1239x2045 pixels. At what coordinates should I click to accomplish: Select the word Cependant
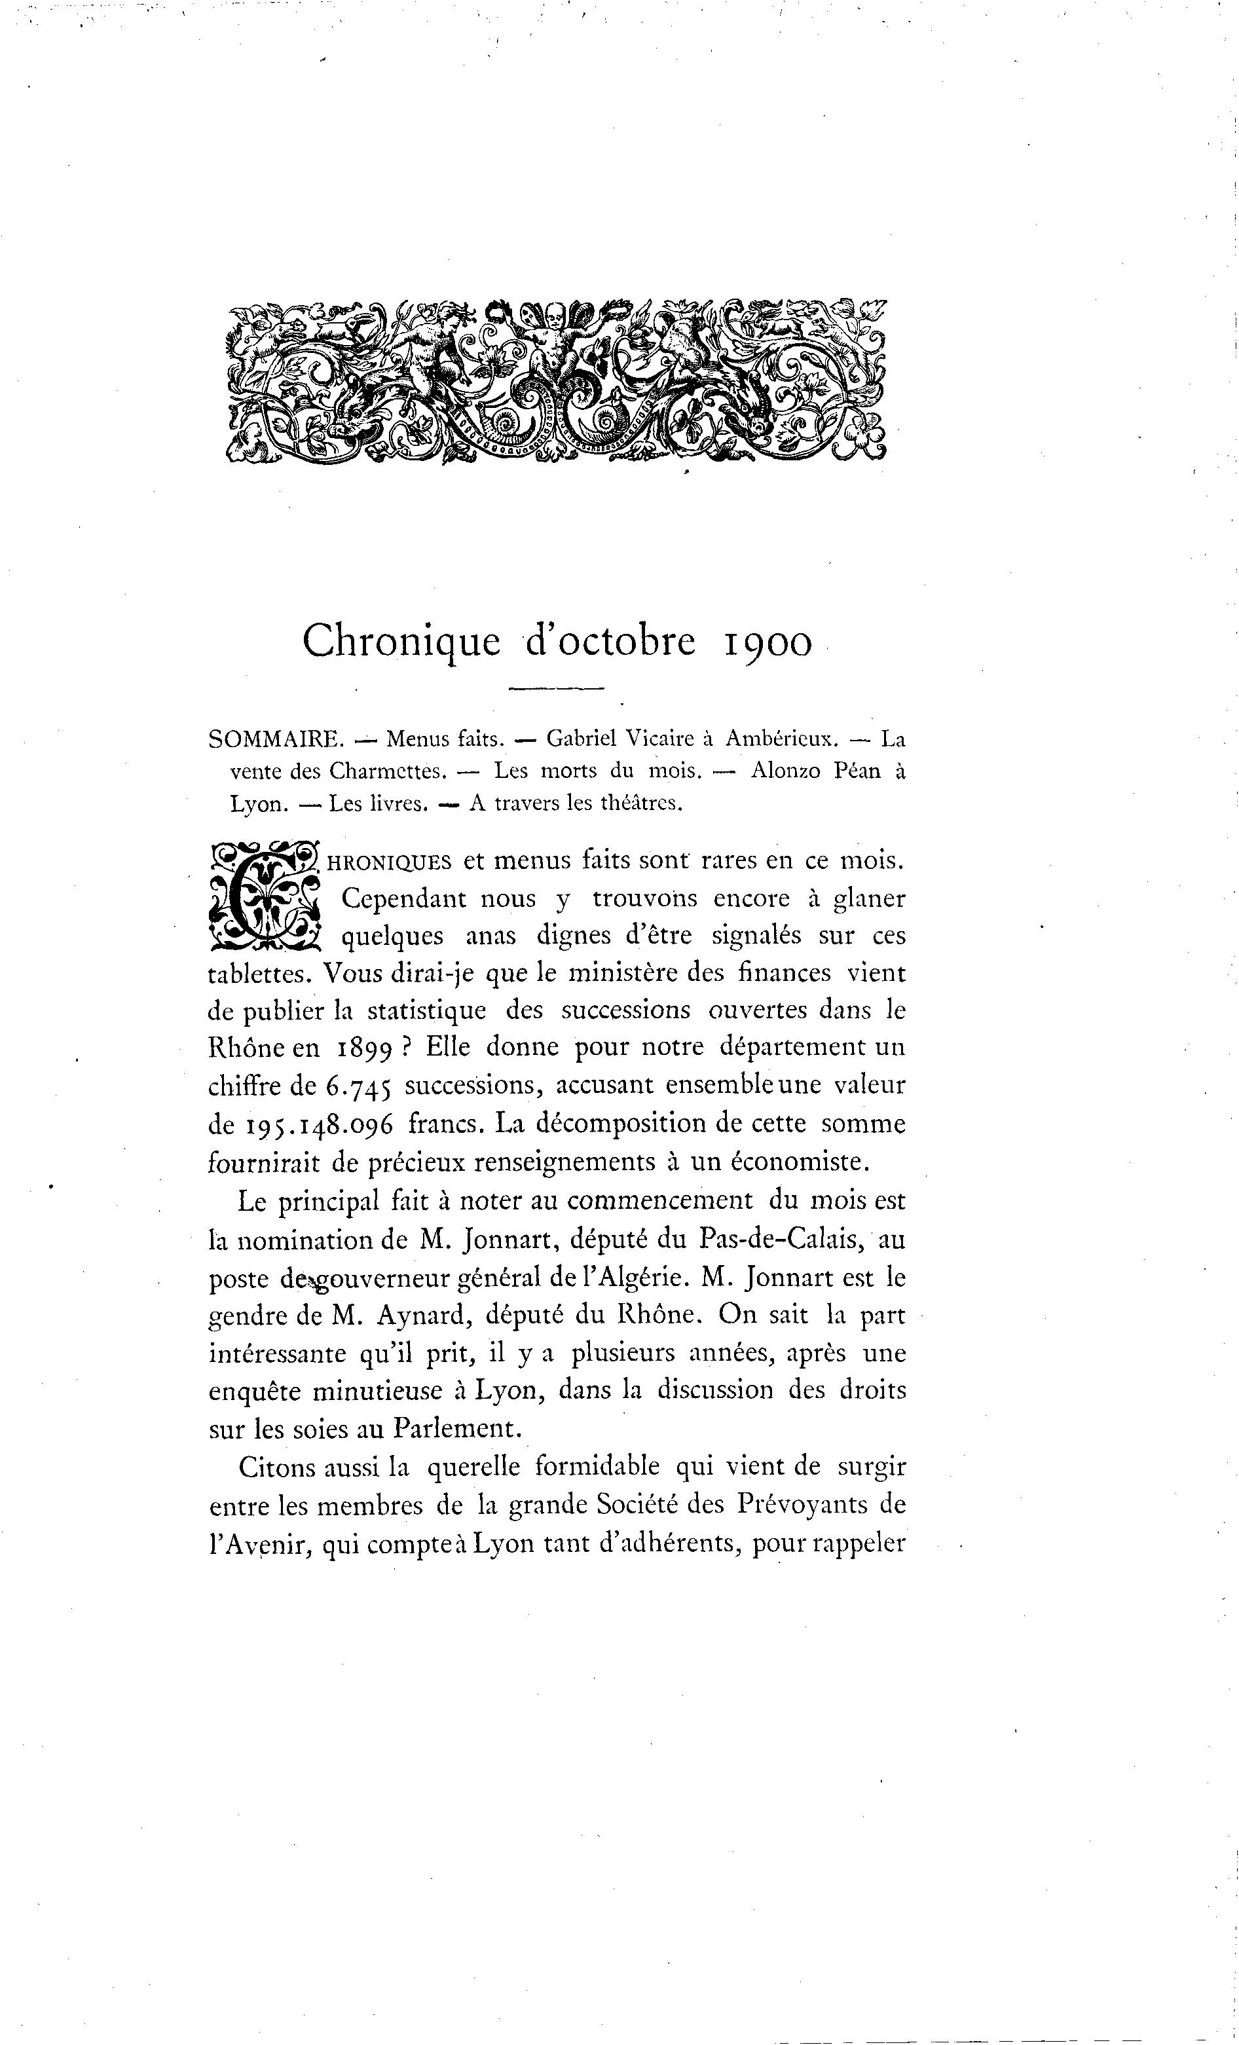click(407, 899)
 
